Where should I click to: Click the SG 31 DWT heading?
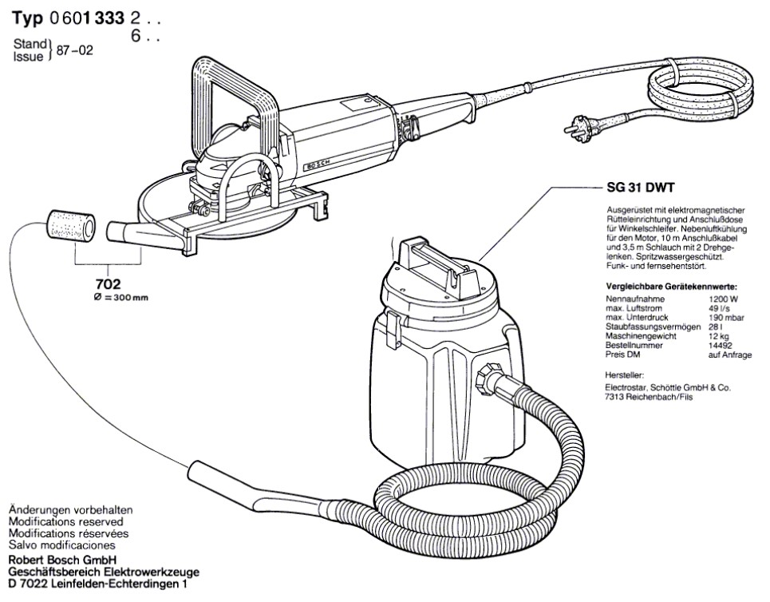click(636, 189)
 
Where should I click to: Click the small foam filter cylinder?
click(69, 226)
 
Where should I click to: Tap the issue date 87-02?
click(77, 50)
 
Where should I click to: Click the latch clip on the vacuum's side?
click(393, 329)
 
